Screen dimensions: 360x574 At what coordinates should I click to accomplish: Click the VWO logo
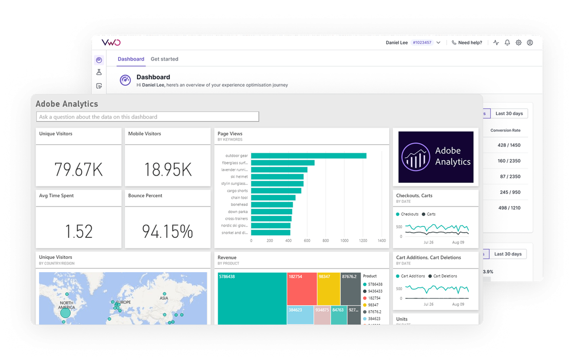[111, 43]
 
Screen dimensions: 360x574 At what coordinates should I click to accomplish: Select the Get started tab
[164, 59]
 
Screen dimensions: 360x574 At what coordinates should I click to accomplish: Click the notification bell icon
[507, 43]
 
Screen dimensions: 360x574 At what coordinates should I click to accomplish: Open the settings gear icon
[519, 43]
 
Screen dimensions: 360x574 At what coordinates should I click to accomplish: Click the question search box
[147, 117]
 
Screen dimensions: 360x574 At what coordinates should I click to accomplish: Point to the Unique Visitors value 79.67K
[79, 169]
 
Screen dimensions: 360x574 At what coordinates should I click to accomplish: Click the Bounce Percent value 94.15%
[167, 232]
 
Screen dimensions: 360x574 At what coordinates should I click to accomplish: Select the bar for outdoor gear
[309, 156]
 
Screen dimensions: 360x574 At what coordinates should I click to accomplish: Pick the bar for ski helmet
[277, 177]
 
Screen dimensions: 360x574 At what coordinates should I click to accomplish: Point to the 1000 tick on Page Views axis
[345, 240]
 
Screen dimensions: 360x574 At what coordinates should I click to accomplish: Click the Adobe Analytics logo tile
[436, 157]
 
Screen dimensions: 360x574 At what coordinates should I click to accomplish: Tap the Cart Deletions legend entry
[445, 276]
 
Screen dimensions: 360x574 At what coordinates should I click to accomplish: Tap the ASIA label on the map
[164, 298]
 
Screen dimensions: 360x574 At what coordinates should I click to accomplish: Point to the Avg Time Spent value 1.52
[79, 232]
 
